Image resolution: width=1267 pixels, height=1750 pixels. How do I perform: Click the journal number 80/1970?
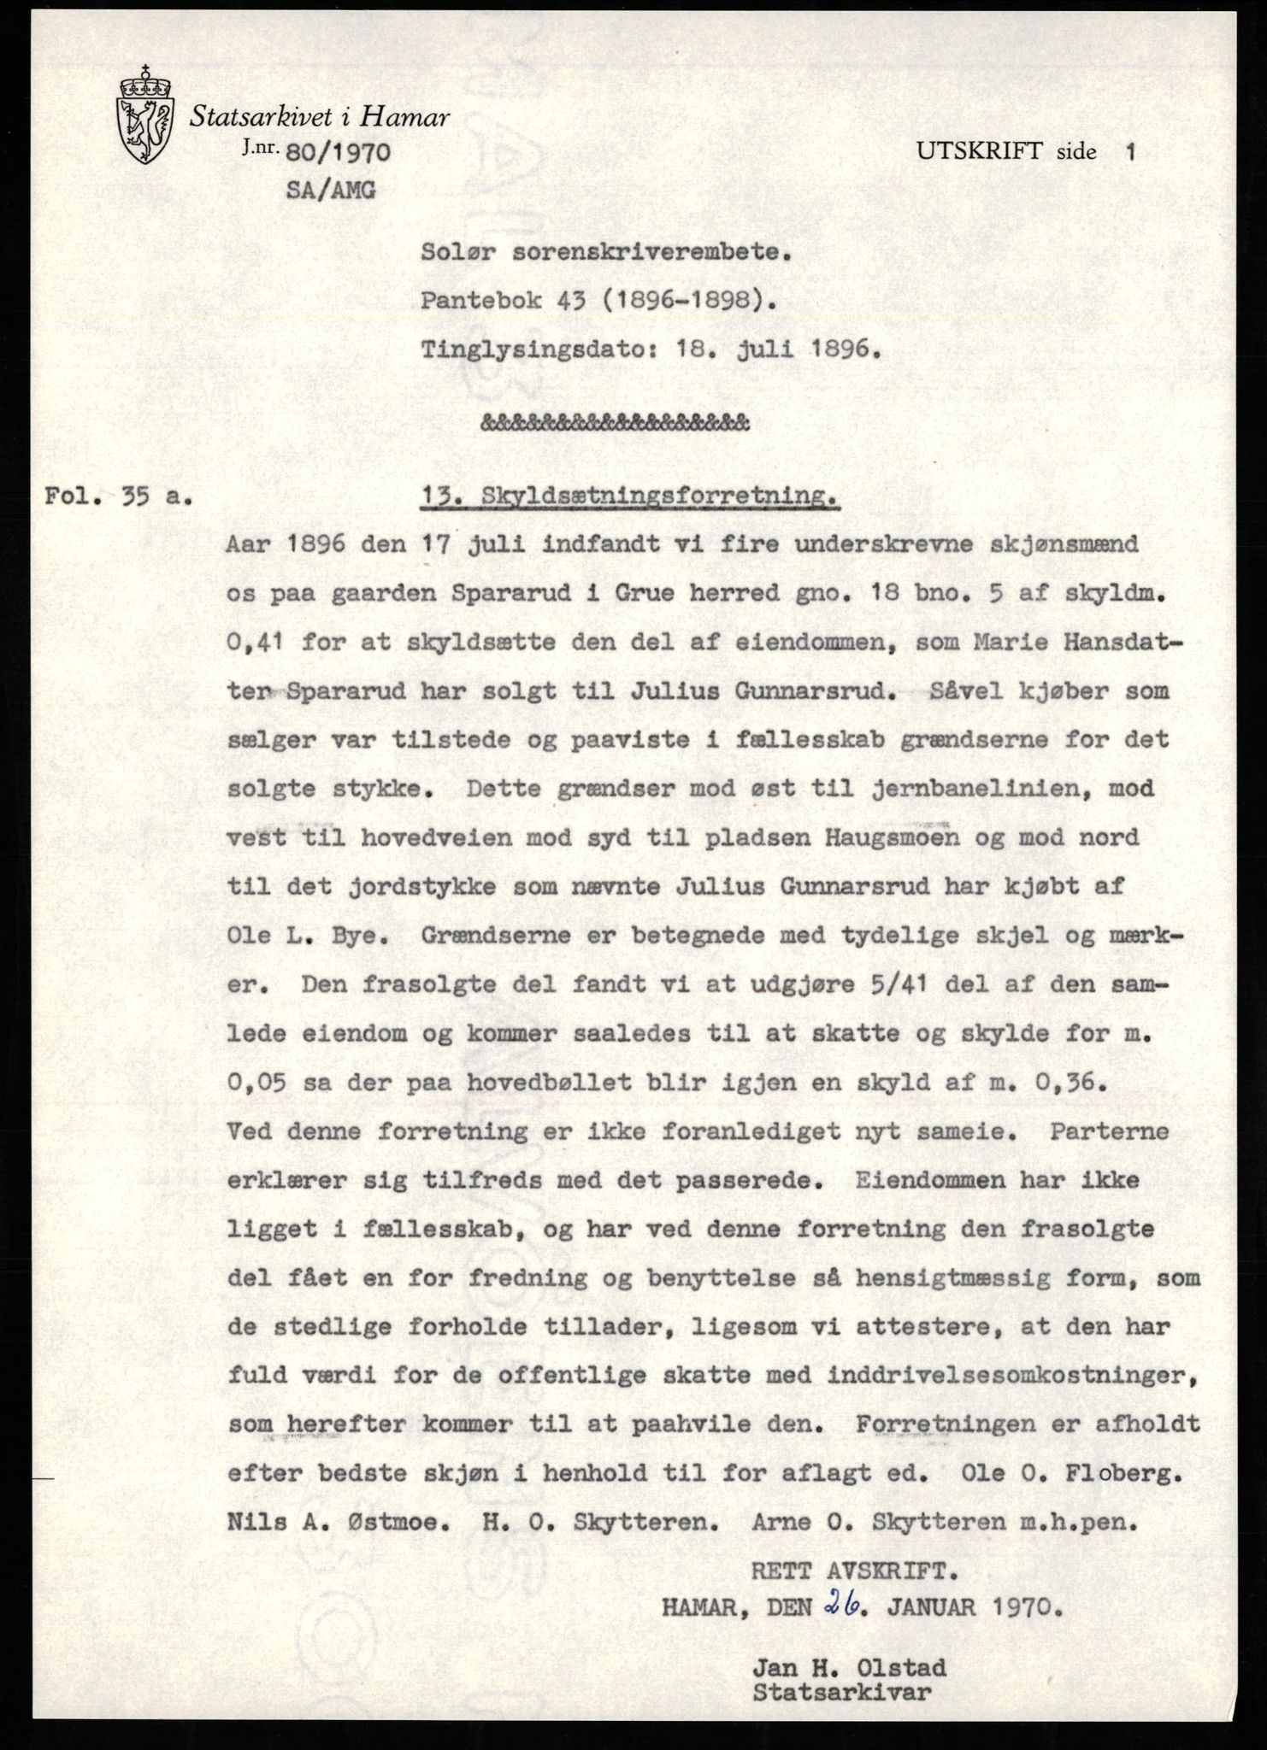pos(339,154)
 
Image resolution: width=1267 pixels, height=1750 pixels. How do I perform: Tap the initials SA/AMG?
pos(330,190)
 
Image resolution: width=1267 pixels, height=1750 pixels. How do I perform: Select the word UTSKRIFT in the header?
pos(980,152)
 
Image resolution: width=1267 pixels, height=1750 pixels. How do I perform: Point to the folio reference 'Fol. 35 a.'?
pos(118,496)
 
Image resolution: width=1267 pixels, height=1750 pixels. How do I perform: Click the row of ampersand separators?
pos(616,422)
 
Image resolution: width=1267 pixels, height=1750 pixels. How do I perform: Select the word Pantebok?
pos(480,301)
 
